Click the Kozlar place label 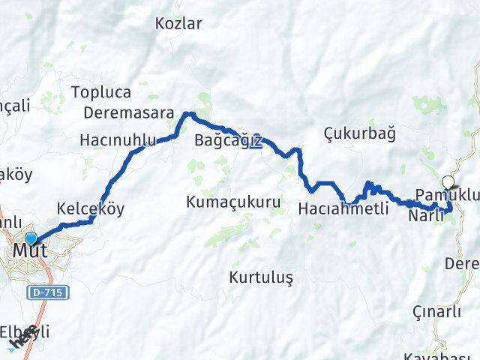(x=178, y=23)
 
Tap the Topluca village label (x=101, y=93)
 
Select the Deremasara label (x=128, y=113)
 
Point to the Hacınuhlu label (x=118, y=139)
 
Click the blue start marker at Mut (x=31, y=238)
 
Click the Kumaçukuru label (x=233, y=202)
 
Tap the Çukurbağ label (x=359, y=133)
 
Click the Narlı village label (x=426, y=215)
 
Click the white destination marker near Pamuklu (x=448, y=181)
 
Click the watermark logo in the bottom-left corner (x=21, y=339)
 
